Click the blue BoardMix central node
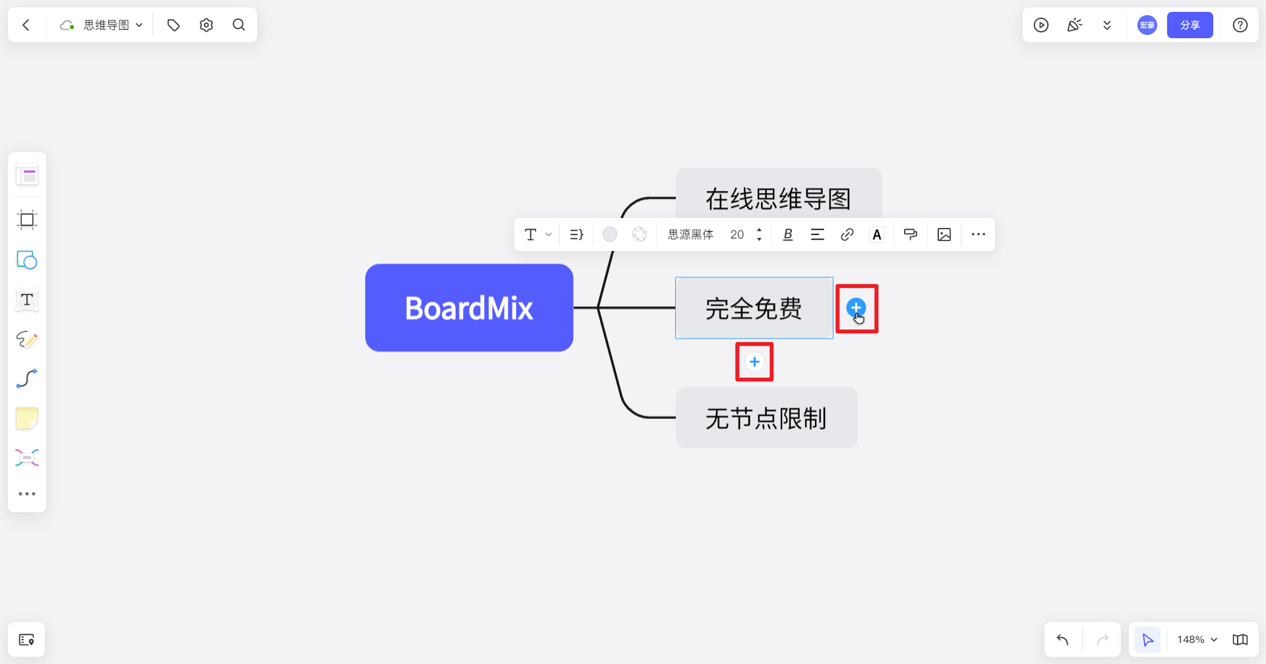pos(469,308)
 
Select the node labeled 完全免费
pos(754,308)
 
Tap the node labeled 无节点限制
pos(766,418)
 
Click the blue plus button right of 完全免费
pos(856,307)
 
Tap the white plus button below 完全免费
pos(754,362)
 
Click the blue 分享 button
pos(1190,25)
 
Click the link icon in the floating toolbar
pos(847,235)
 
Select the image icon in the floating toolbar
pos(944,235)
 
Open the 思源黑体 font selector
pos(690,235)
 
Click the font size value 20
pos(737,235)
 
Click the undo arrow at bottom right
pos(1062,640)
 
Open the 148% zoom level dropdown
pos(1197,640)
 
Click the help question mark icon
pos(1240,25)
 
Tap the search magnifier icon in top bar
pos(239,25)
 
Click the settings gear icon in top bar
pos(206,25)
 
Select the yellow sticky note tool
pos(27,418)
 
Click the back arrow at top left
pos(26,25)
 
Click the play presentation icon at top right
pos(1041,25)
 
